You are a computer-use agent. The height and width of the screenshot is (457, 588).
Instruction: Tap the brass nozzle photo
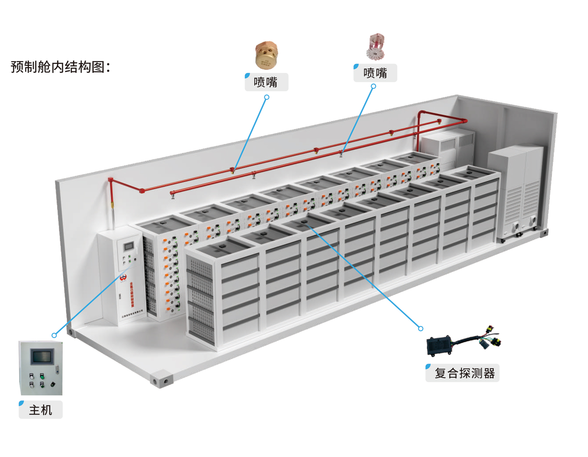point(266,55)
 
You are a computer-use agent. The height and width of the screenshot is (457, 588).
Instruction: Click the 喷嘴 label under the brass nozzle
point(266,82)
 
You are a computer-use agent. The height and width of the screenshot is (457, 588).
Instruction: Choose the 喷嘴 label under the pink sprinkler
point(375,73)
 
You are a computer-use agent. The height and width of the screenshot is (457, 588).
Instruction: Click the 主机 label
point(41,410)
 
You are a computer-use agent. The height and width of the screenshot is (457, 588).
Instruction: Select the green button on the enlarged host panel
point(42,376)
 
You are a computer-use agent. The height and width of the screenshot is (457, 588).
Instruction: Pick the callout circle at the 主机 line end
point(54,335)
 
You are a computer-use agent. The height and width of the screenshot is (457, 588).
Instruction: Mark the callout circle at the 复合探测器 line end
point(420,329)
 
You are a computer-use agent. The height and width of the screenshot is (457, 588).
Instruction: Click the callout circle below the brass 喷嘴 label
point(267,97)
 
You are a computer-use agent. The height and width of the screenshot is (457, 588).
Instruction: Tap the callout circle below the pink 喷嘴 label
point(373,86)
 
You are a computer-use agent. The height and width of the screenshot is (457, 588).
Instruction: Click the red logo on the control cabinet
point(123,278)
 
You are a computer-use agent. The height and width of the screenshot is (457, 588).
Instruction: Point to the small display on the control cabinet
point(129,246)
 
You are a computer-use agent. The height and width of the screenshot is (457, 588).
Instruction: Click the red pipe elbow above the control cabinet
point(111,180)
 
